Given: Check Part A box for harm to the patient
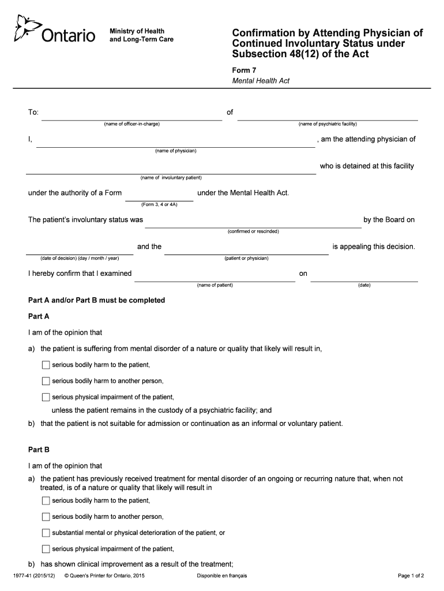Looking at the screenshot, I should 46,365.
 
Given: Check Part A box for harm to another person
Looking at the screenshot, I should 46,381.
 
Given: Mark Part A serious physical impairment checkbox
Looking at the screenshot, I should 46,397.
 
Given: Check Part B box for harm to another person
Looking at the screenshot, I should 46,517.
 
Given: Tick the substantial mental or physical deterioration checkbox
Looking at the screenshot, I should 46,533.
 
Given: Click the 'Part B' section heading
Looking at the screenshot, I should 39,449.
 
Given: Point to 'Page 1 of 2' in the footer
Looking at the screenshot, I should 411,576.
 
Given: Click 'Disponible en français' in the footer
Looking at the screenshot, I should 222,576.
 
